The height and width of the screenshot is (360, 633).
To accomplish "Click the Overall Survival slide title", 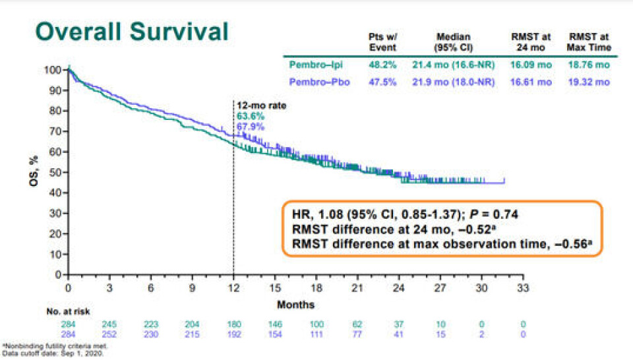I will (x=132, y=32).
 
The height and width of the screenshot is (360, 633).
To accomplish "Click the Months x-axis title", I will (x=295, y=305).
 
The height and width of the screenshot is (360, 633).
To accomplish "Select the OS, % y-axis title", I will (x=34, y=172).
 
